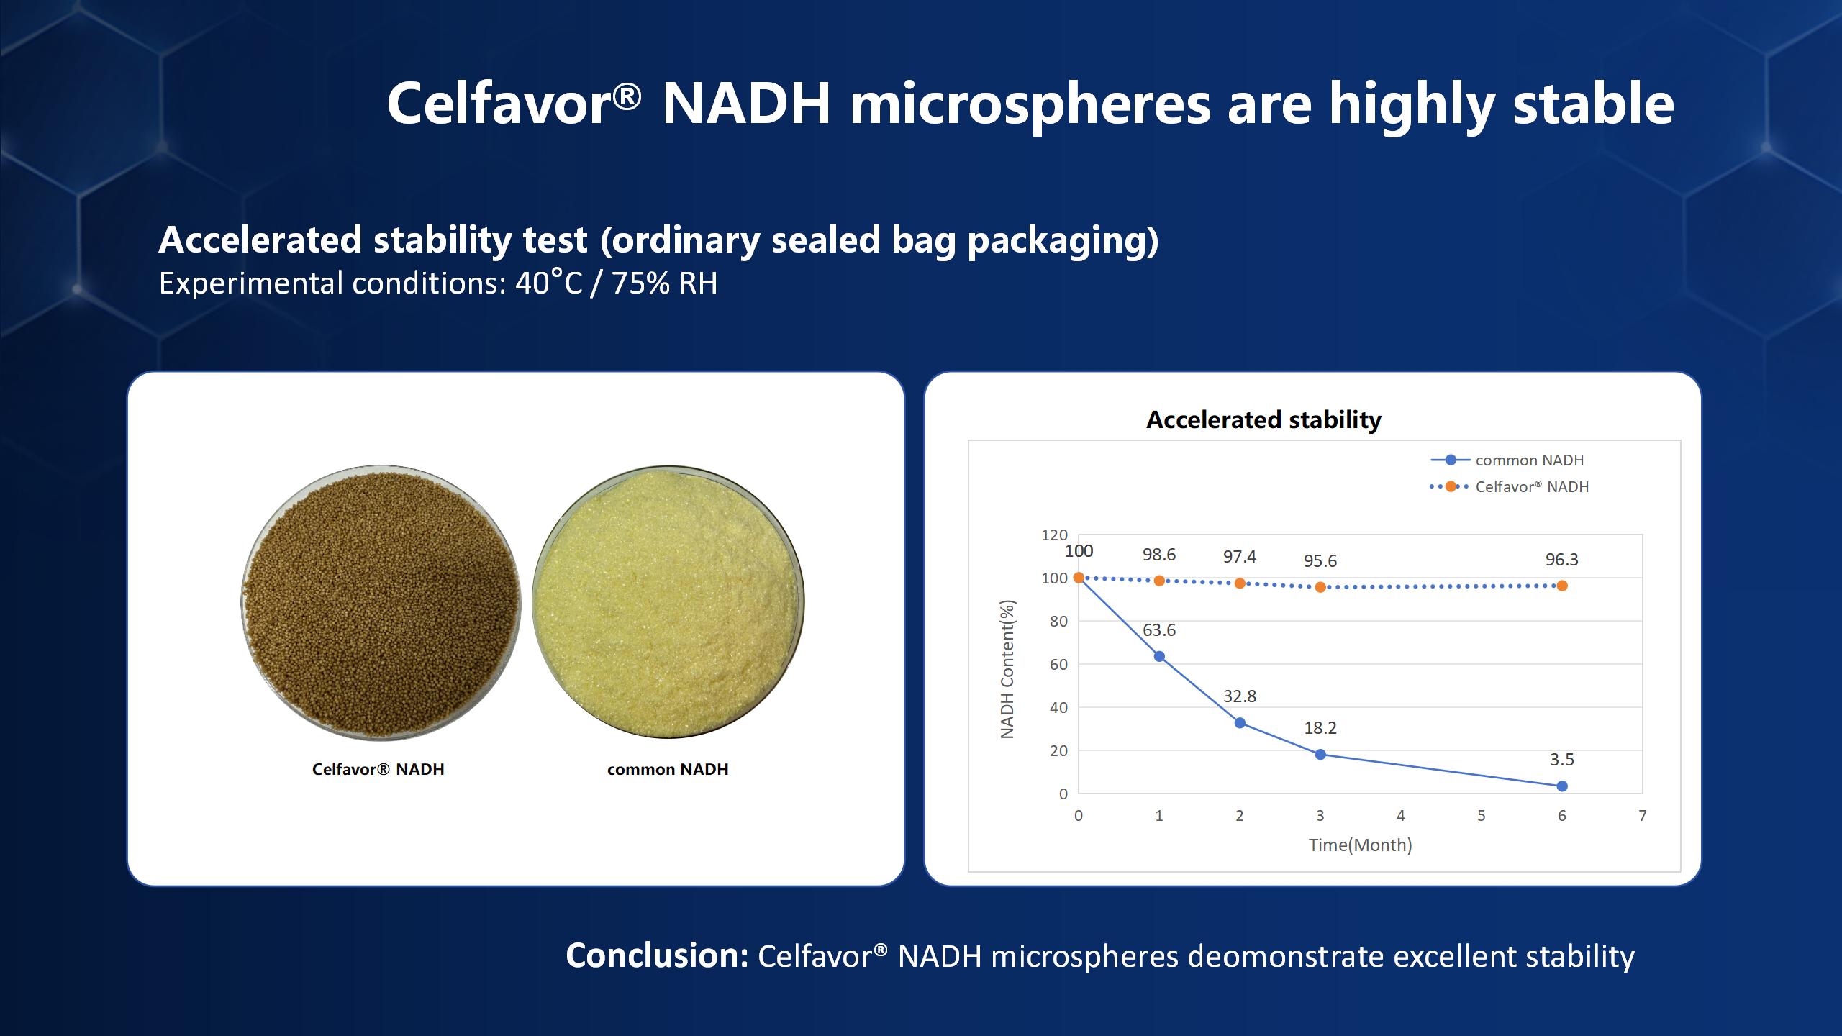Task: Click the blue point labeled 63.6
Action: tap(1159, 656)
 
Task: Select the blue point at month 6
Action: tap(1562, 786)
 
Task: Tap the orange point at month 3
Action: tap(1320, 587)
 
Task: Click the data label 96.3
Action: tap(1562, 559)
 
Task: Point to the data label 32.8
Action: tap(1240, 696)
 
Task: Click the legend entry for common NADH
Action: tap(1507, 460)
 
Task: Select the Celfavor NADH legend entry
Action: tap(1509, 486)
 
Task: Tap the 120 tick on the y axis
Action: tap(1055, 535)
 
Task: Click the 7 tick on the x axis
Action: tap(1643, 815)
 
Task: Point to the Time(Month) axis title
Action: tap(1360, 845)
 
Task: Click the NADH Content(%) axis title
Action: tap(1007, 669)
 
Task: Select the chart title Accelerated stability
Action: tap(1263, 419)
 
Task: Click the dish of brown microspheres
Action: tap(381, 601)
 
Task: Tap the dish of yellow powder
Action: tap(668, 601)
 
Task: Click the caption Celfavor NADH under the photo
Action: tap(378, 769)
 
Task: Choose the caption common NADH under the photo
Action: tap(668, 769)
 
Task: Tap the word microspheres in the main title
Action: tap(1030, 105)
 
